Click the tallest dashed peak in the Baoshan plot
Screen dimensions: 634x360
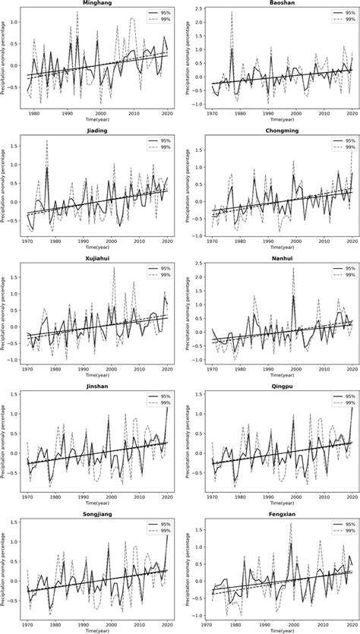pos(232,12)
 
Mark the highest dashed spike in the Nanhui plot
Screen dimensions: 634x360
pos(293,268)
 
